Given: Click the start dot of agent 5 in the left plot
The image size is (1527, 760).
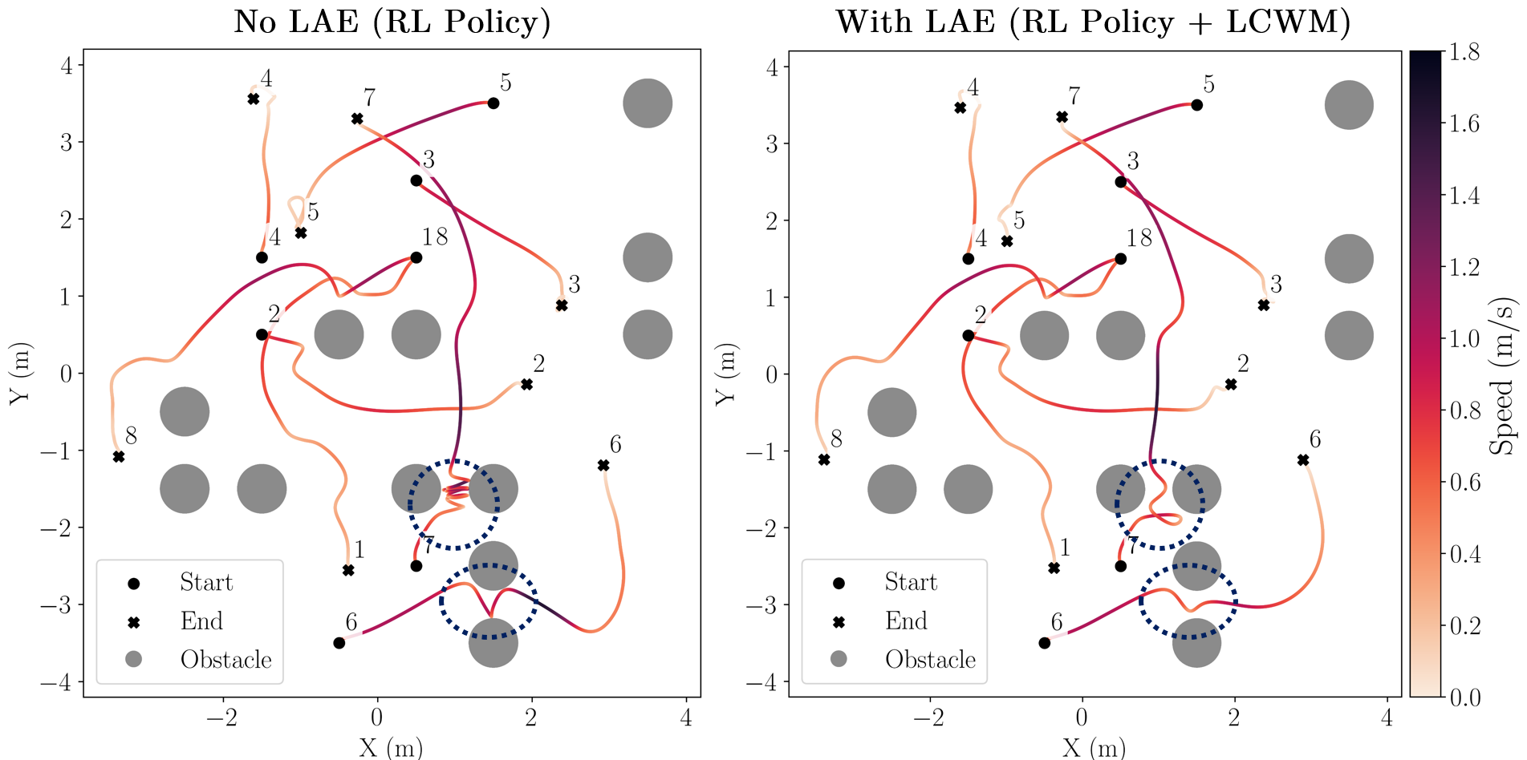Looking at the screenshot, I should click(x=493, y=103).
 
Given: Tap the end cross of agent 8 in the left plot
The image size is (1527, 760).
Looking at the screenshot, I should click(x=119, y=457).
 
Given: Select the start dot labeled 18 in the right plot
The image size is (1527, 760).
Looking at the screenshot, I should click(x=1121, y=259).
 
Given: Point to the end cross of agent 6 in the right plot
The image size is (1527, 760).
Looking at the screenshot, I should click(x=1303, y=460).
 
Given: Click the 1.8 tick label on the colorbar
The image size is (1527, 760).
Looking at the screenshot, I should click(x=1464, y=53).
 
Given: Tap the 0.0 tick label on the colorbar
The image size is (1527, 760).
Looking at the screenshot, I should click(x=1464, y=698).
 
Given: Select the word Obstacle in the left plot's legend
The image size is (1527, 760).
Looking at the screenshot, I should click(x=225, y=660).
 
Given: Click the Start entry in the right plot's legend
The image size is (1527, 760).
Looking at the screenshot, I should click(x=911, y=582).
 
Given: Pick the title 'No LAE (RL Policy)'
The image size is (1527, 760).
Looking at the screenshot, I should click(x=392, y=22).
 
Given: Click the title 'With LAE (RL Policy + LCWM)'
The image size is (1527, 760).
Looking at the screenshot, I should click(x=1093, y=22).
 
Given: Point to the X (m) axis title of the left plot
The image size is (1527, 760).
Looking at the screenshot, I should click(x=391, y=747).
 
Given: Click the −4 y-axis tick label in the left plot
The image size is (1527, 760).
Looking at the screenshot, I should click(x=55, y=683).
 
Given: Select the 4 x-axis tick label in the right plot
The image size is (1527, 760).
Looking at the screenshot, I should click(x=1387, y=718).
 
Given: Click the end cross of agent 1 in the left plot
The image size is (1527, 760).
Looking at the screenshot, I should click(x=348, y=571).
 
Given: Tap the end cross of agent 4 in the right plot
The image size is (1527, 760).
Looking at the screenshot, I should click(x=960, y=107).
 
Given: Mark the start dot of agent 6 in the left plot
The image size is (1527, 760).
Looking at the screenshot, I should click(x=339, y=643).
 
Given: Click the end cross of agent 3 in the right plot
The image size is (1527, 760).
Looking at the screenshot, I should click(x=1264, y=305).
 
